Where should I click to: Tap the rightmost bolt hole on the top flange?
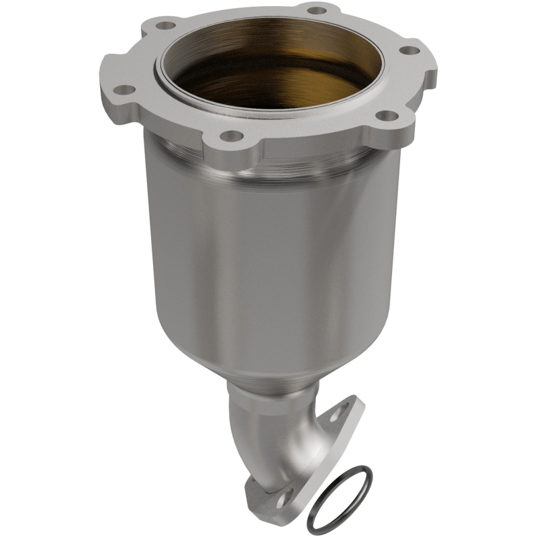pyautogui.click(x=406, y=49)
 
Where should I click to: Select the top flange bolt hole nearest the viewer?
pyautogui.click(x=231, y=136)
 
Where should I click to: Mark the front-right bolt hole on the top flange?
pyautogui.click(x=383, y=116)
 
